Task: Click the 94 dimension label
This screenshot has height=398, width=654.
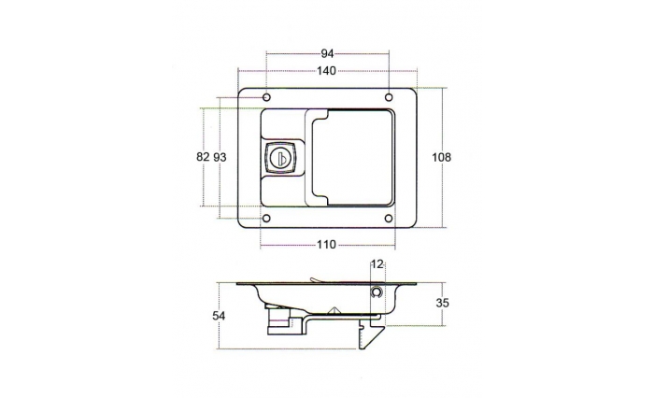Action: tap(327, 53)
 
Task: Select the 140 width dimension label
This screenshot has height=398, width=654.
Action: tap(326, 71)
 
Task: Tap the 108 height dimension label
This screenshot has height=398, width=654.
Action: tap(441, 157)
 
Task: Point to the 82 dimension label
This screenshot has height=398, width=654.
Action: tap(203, 157)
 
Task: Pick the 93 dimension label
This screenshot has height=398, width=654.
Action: tap(220, 157)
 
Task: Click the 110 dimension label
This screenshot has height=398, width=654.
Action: tap(326, 245)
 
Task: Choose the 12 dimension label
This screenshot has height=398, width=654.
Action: tap(377, 264)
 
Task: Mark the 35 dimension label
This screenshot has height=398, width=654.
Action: tap(442, 303)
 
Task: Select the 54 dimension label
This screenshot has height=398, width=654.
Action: tap(219, 316)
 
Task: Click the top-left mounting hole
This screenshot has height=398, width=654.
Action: tap(266, 97)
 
